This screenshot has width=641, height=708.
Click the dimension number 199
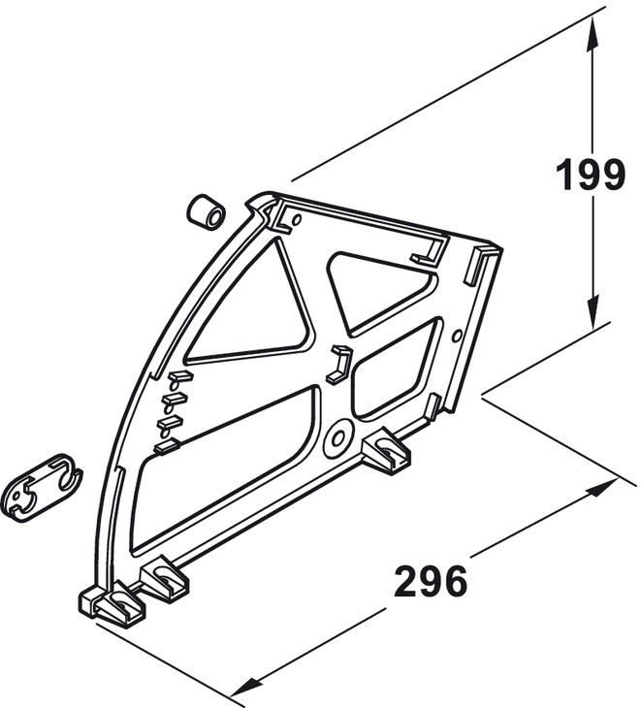tap(590, 175)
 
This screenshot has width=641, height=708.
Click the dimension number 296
tap(431, 581)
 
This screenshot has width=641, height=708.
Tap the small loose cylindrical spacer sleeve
tap(206, 210)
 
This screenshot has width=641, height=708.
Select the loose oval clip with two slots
tap(43, 488)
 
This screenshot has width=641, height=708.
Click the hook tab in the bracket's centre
tap(339, 364)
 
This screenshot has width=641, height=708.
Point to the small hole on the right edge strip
tap(457, 336)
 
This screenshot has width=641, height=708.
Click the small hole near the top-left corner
tap(297, 220)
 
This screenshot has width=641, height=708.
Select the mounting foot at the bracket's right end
tap(387, 450)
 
